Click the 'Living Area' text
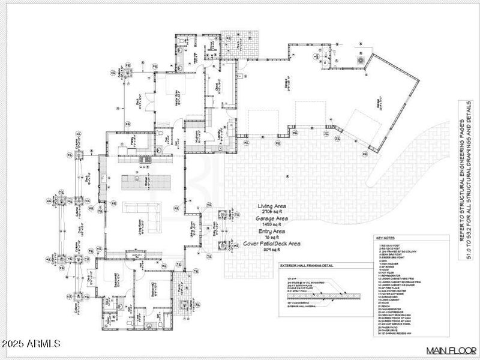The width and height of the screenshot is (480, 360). tap(272, 206)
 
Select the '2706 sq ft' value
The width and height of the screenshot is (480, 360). tap(272, 212)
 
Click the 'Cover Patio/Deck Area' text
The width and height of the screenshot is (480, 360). tap(273, 244)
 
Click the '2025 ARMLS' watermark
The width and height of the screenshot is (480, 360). tap(31, 344)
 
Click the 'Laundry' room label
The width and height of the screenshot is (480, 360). tap(221, 136)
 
